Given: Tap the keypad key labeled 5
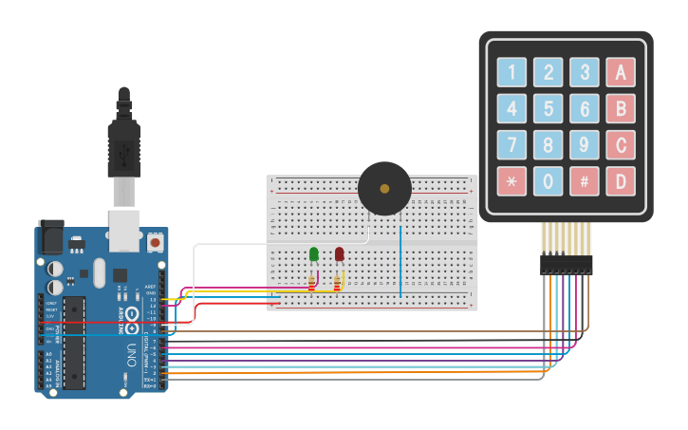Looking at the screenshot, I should coord(548,108).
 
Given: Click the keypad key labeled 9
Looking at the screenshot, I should coord(585,145).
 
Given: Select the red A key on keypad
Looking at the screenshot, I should coord(621,72).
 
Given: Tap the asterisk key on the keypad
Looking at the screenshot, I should coord(511,181).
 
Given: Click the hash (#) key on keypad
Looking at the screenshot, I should coord(585,181).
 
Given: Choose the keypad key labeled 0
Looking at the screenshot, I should coord(548,181).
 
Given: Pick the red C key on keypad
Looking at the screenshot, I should coord(621,145).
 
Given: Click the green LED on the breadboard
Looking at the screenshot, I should coord(313,253).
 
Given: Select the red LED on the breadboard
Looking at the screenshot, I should coord(339,253).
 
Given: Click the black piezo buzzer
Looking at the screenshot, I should coord(384,189).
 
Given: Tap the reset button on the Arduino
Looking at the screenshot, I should coord(155,243).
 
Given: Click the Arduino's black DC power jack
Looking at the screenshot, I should coord(49,237).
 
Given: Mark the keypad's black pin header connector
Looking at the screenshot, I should coord(566,264).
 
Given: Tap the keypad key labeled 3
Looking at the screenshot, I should coord(585,72).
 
